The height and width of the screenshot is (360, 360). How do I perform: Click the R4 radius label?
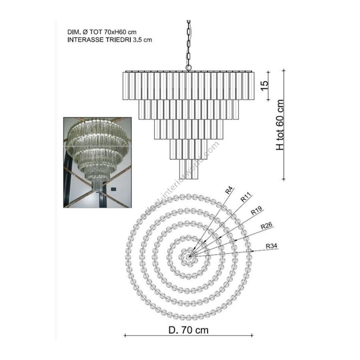click(x=229, y=190)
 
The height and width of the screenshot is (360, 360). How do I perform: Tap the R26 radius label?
click(x=266, y=226)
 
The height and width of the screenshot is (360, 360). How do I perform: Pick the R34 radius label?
click(x=271, y=246)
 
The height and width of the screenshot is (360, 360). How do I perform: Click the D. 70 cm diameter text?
click(x=188, y=330)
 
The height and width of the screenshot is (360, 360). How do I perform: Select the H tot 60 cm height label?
click(x=280, y=125)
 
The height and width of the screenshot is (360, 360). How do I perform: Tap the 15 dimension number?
click(x=265, y=86)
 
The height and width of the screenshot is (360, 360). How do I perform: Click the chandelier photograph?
click(x=97, y=162)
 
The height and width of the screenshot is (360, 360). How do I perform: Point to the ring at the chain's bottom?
click(x=188, y=68)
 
